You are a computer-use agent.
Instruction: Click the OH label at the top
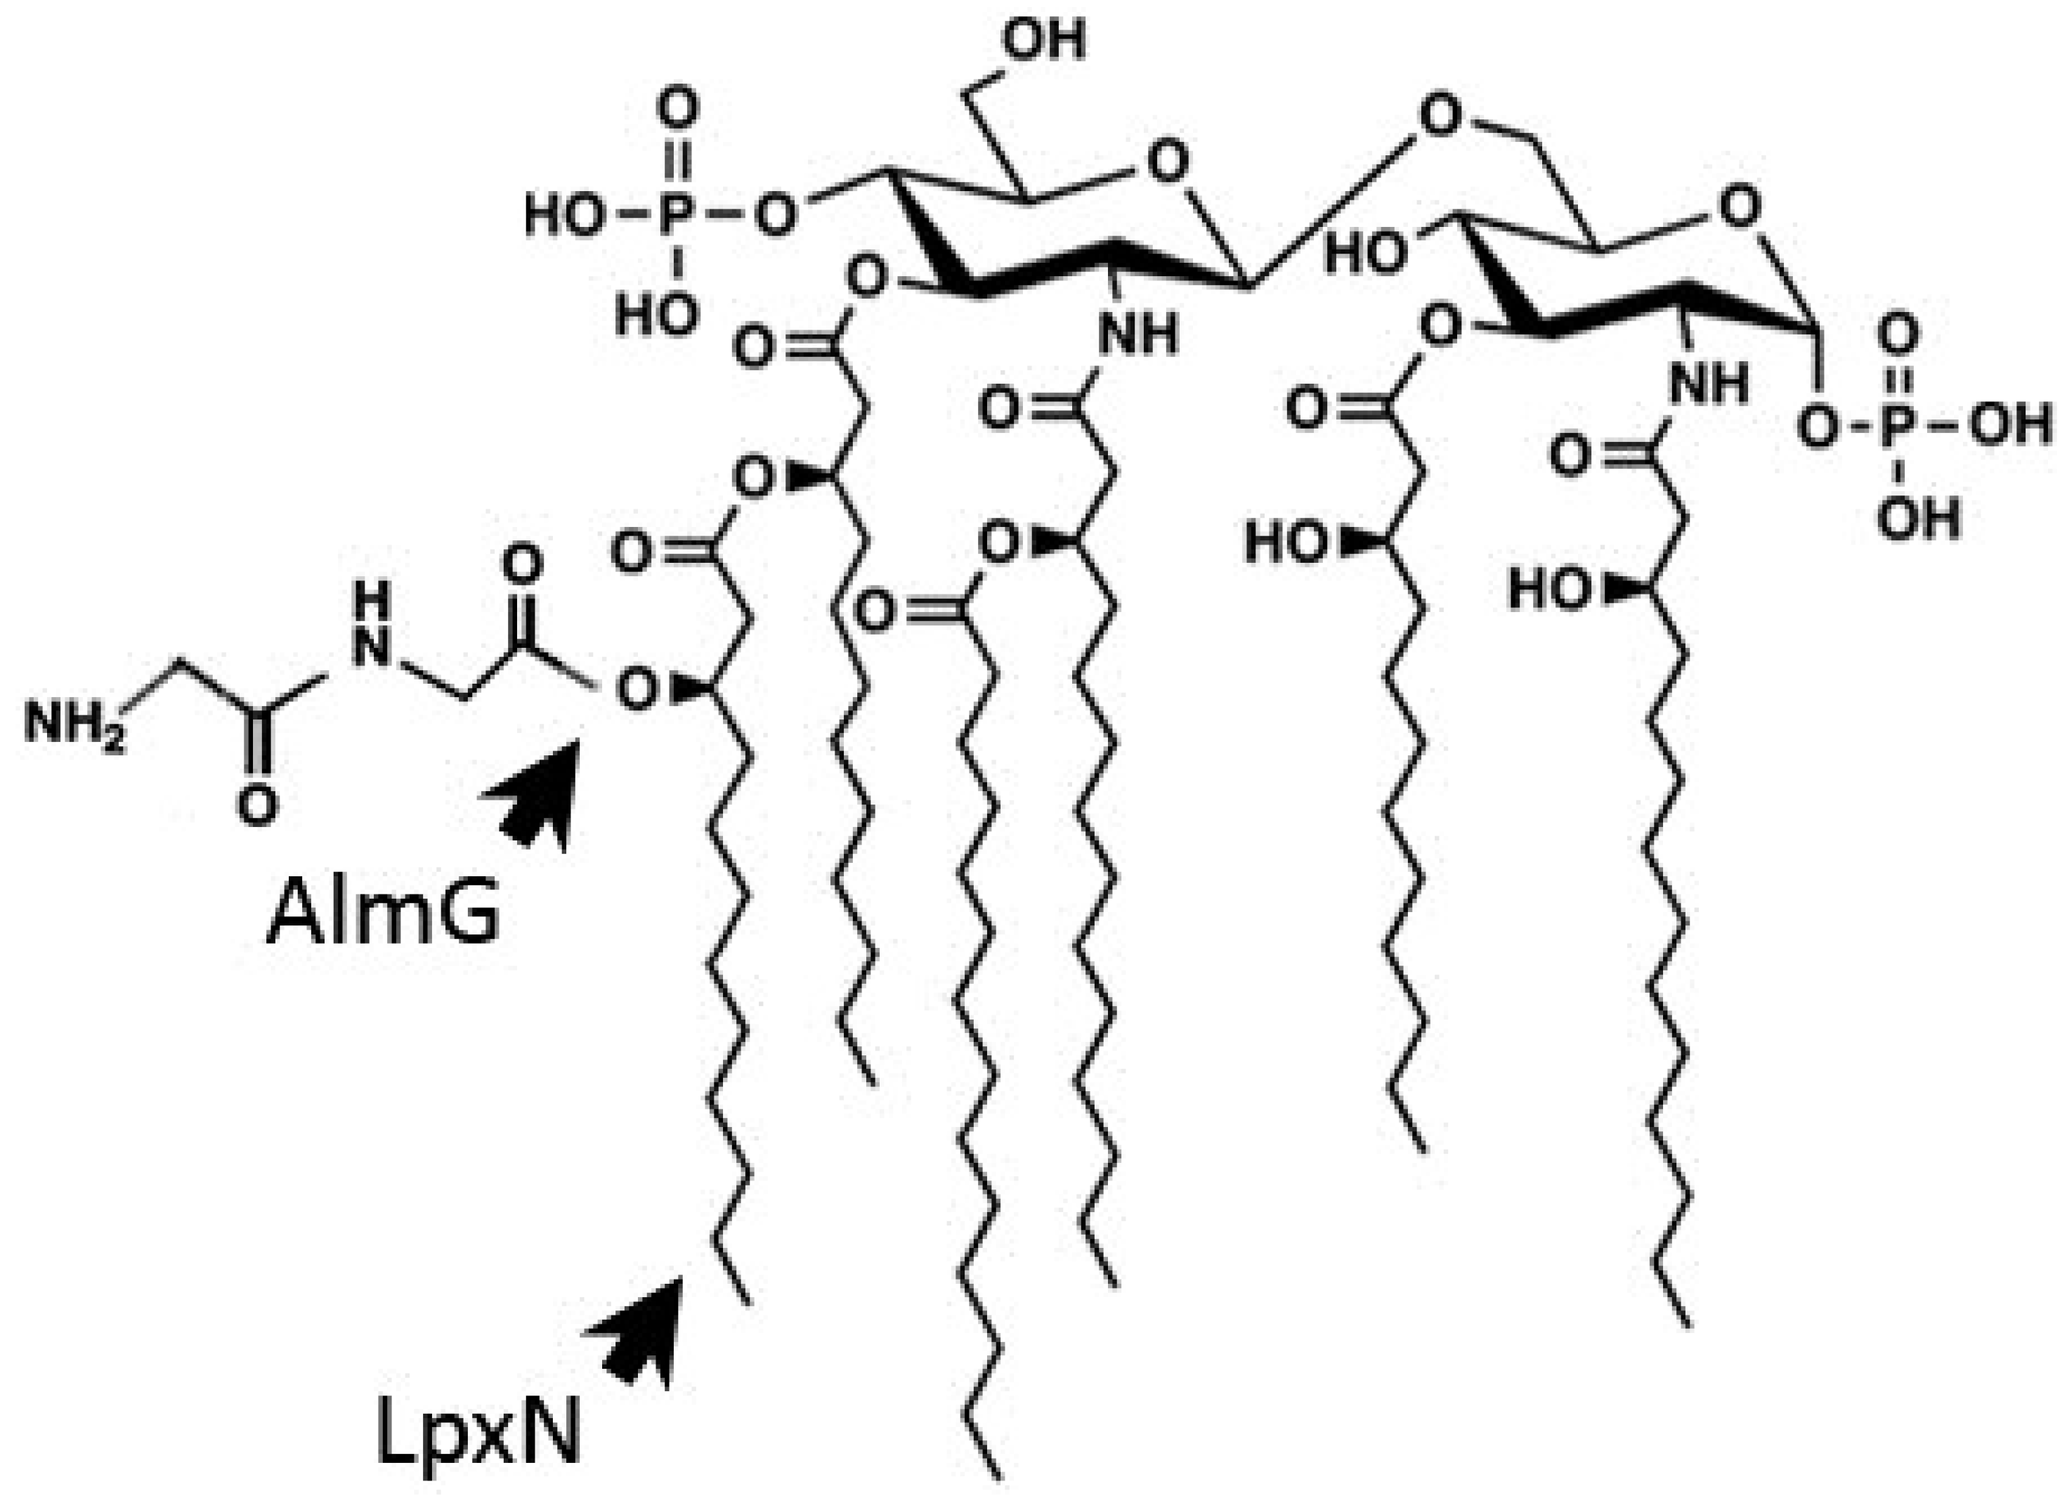[1043, 41]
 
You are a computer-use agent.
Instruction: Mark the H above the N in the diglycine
[371, 602]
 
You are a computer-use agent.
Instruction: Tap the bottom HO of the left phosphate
[656, 315]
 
